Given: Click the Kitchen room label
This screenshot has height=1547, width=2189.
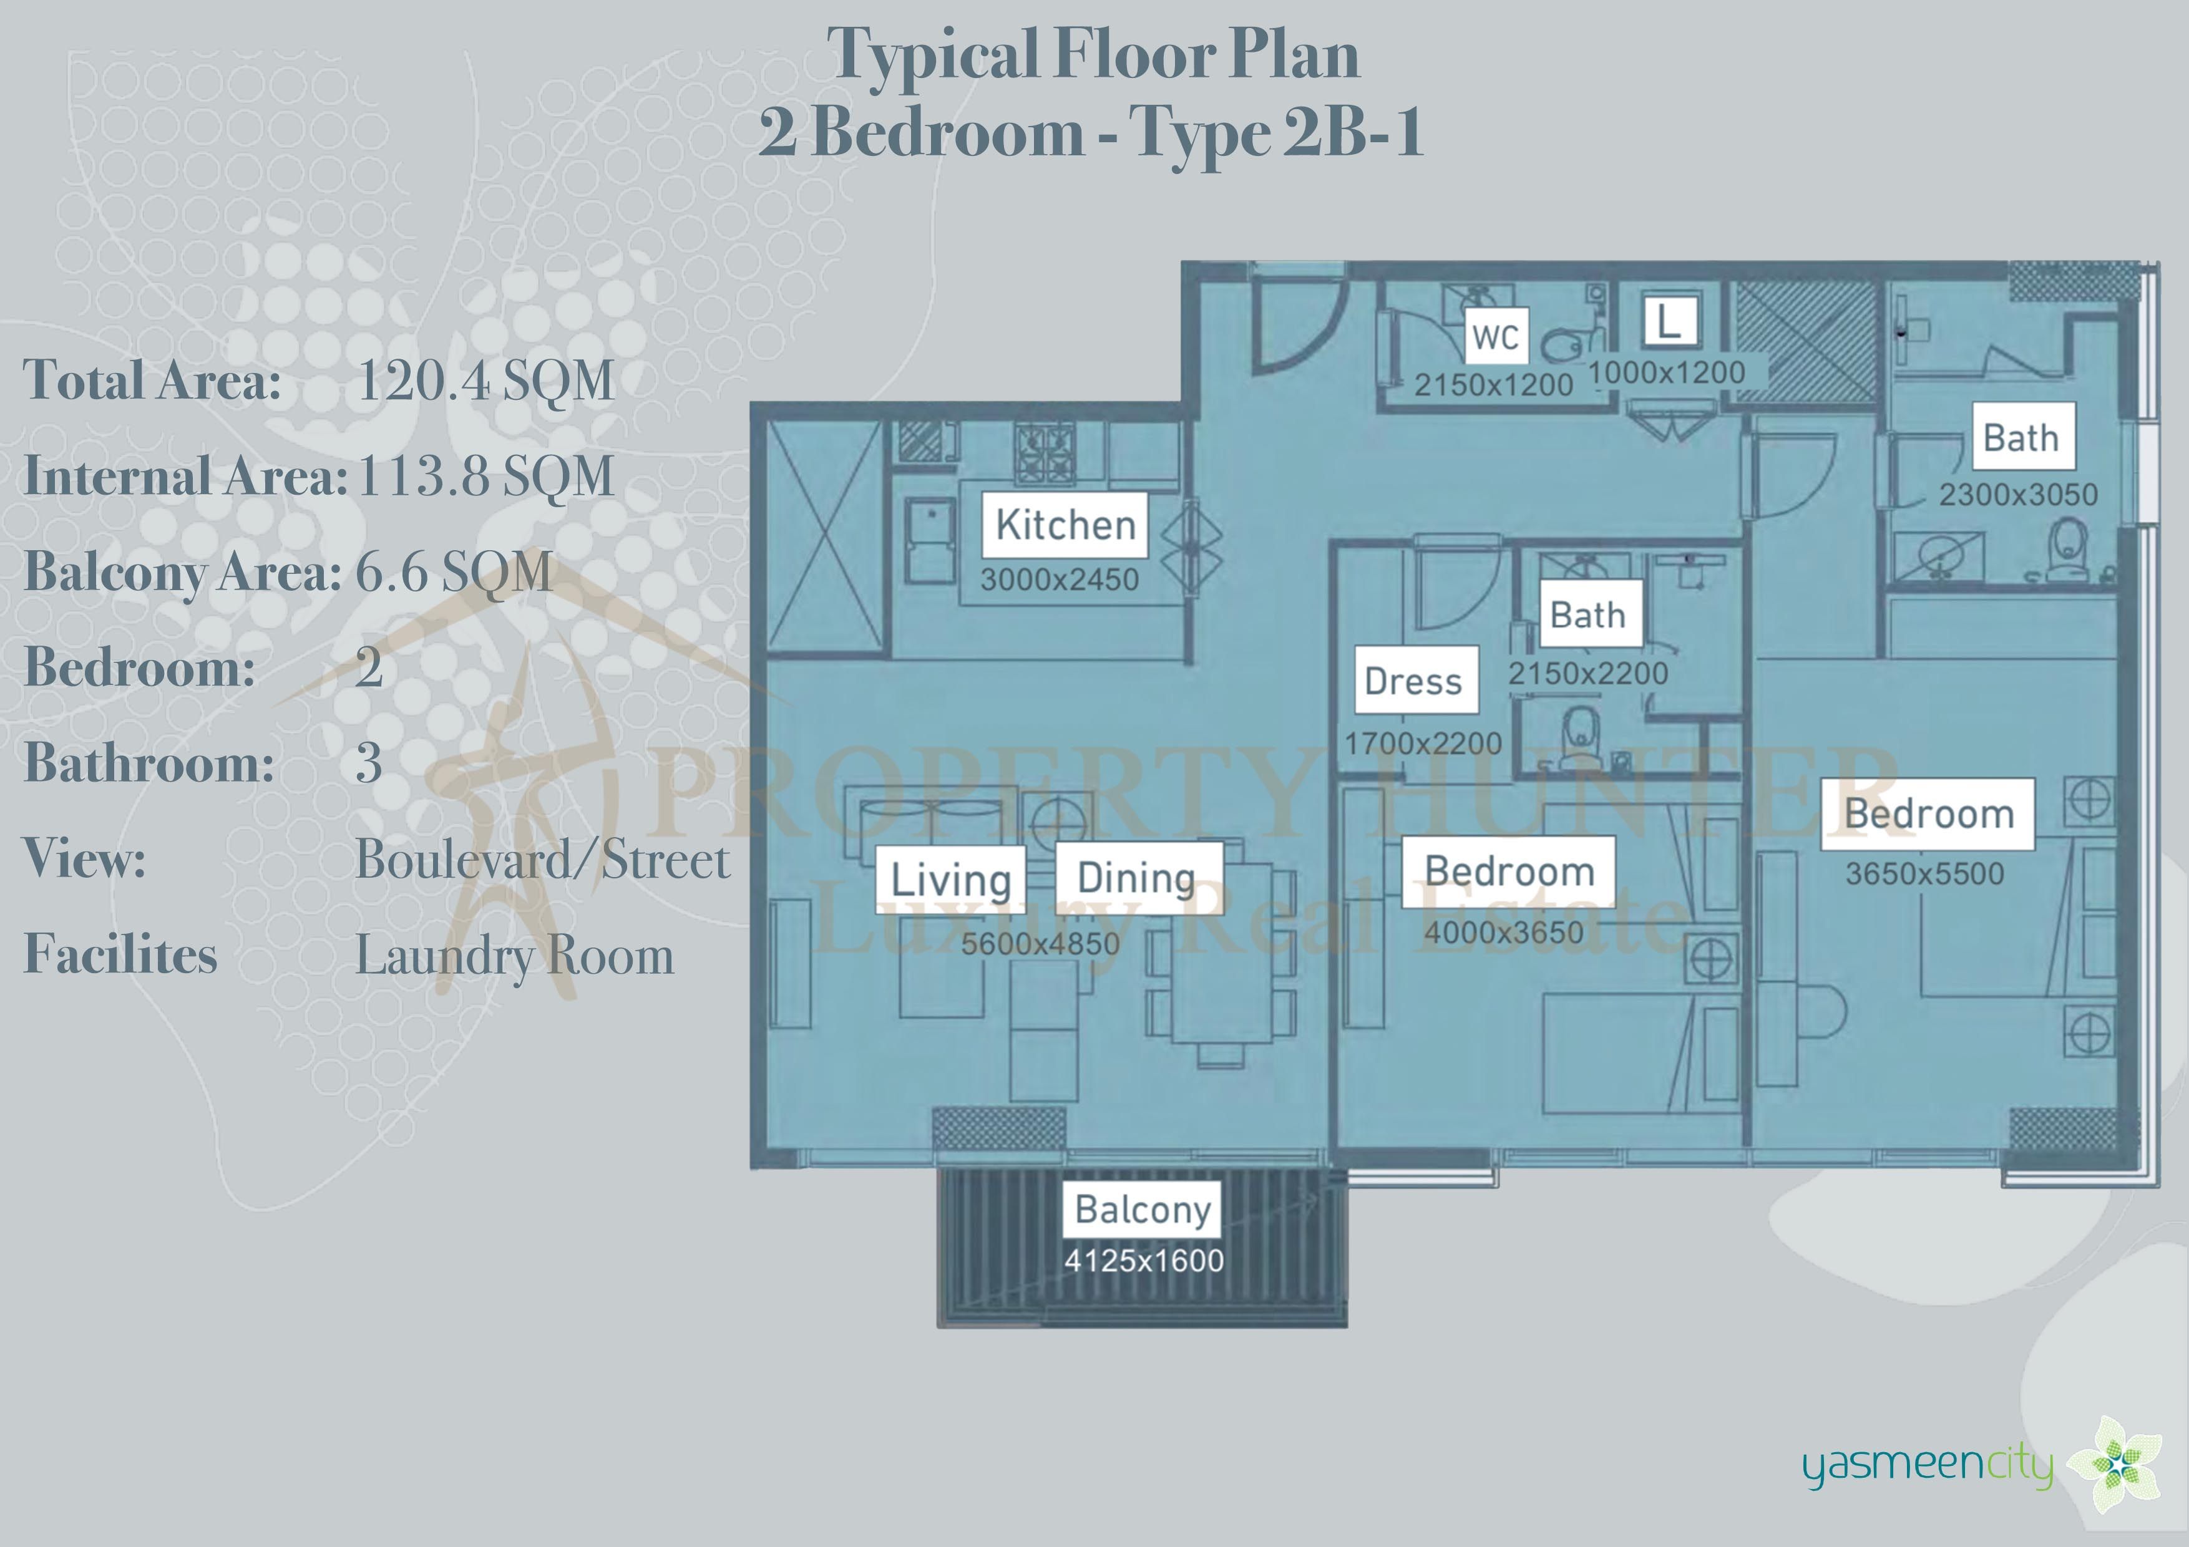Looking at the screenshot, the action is click(x=1065, y=525).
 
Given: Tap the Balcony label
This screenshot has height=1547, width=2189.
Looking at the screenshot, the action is click(x=1142, y=1209).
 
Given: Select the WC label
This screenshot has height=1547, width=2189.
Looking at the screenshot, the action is click(x=1496, y=336).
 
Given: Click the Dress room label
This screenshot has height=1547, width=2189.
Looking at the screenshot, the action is click(x=1416, y=681).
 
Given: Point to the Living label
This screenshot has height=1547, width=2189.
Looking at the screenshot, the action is click(x=950, y=879).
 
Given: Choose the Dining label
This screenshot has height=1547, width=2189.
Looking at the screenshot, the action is click(x=1138, y=877).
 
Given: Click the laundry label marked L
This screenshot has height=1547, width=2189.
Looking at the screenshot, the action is click(x=1669, y=321).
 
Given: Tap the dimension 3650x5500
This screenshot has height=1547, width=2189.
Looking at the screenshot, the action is click(x=1924, y=873).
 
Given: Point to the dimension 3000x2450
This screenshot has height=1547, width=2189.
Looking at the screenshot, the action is click(x=1059, y=580).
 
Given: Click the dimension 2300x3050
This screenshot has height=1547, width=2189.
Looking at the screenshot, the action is click(x=2019, y=495).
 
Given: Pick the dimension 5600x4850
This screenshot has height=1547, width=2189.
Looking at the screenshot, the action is click(x=1040, y=944).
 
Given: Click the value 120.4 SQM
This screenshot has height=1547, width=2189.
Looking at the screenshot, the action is click(x=485, y=381).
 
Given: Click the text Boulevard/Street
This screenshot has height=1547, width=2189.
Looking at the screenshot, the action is click(x=542, y=859).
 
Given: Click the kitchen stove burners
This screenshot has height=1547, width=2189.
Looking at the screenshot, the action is click(x=1045, y=453).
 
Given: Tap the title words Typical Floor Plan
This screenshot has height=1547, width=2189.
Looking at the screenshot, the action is click(x=1093, y=54).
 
